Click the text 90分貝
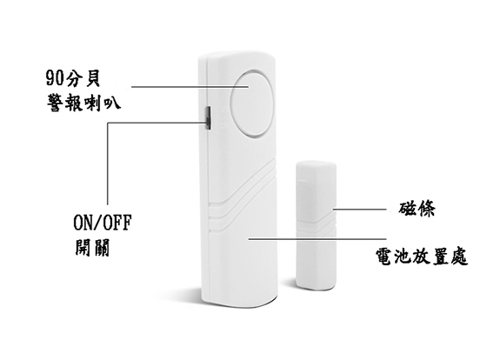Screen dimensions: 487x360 pyautogui.click(x=73, y=78)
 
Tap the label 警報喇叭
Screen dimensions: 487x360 pyautogui.click(x=83, y=103)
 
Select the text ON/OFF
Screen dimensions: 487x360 pyautogui.click(x=103, y=222)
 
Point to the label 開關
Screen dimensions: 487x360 pyautogui.click(x=92, y=247)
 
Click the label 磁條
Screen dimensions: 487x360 pyautogui.click(x=417, y=209)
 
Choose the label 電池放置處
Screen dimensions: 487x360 pyautogui.click(x=422, y=257)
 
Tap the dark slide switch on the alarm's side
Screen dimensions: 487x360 pyautogui.click(x=208, y=118)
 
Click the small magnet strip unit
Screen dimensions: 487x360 pyautogui.click(x=317, y=225)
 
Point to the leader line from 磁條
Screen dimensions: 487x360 pyautogui.click(x=360, y=209)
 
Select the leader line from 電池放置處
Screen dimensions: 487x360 pyautogui.click(x=317, y=239)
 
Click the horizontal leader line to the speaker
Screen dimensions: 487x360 pyautogui.click(x=190, y=87)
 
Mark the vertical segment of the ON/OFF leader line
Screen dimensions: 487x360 pyautogui.click(x=108, y=163)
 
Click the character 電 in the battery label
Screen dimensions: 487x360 pyautogui.click(x=384, y=257)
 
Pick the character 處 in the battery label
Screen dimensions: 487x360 pyautogui.click(x=459, y=257)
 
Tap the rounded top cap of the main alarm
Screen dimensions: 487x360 pyautogui.click(x=237, y=57)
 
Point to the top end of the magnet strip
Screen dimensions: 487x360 pyautogui.click(x=316, y=163)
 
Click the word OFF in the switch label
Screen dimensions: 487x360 pyautogui.click(x=117, y=222)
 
